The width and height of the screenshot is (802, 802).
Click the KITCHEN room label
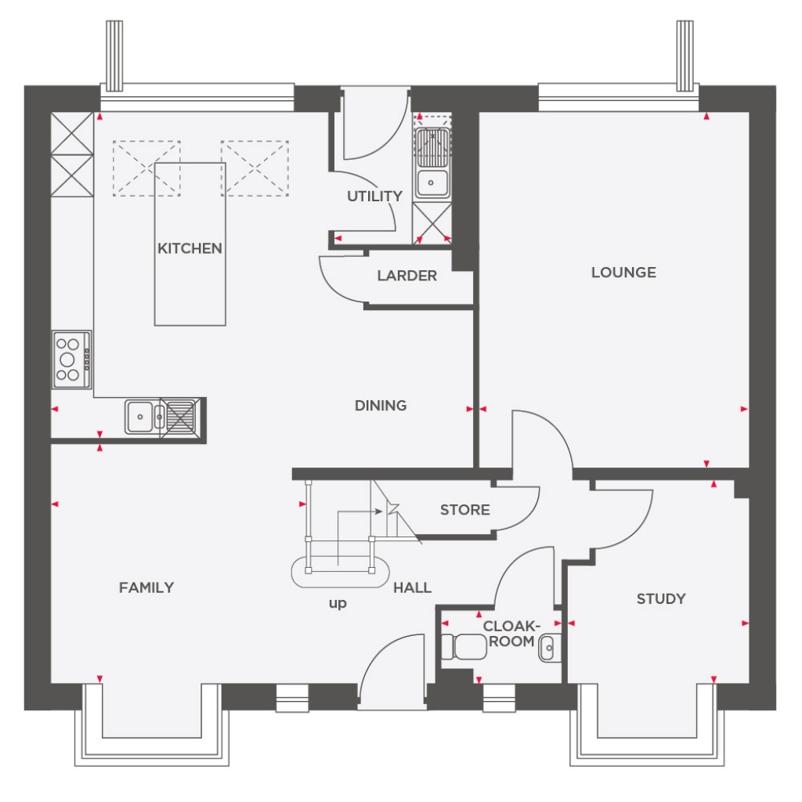[x=190, y=249]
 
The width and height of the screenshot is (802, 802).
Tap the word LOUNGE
[x=623, y=273]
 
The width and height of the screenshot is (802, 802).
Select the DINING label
[x=381, y=406]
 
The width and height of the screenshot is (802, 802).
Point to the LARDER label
[x=406, y=276]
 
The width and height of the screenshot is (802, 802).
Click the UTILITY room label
[x=374, y=197]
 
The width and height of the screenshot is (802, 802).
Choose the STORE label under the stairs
[x=464, y=510]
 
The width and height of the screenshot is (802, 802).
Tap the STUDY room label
[x=660, y=599]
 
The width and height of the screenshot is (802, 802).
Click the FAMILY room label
[x=146, y=587]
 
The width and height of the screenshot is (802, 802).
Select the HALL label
[x=412, y=587]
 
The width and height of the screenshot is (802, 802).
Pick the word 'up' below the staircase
[x=338, y=604]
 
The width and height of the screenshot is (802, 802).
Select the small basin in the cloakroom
[x=548, y=648]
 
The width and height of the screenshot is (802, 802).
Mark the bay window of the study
[x=647, y=724]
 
